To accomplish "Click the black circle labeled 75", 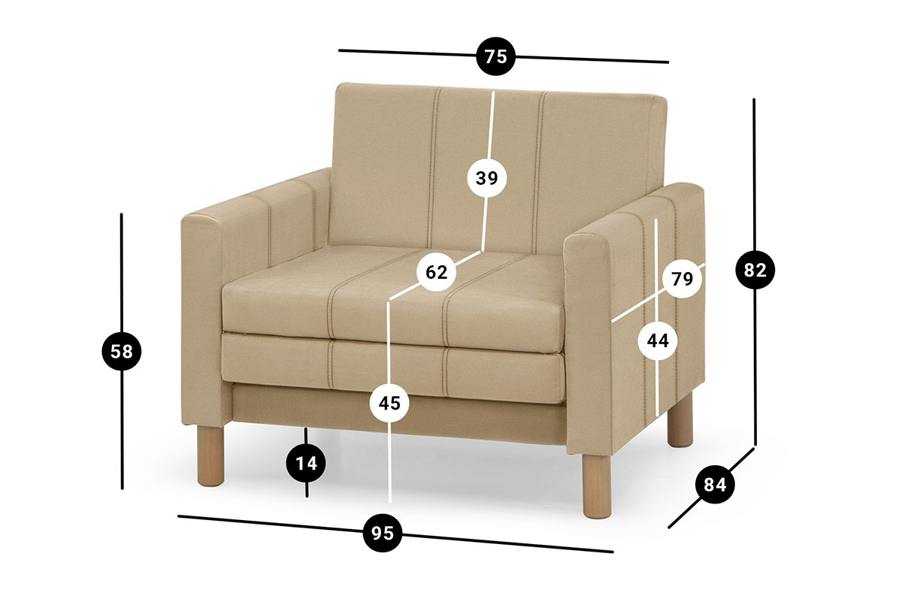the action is [495, 56].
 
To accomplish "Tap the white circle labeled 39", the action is [487, 177].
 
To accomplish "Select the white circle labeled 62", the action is [437, 272].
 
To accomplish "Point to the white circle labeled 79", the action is [683, 278].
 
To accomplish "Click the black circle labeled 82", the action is [755, 269].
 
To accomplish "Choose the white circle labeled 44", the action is [658, 341].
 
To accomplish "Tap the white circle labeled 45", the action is [390, 403].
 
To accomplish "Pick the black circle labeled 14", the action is [306, 464].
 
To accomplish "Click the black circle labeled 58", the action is [122, 351].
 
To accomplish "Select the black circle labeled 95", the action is [383, 533].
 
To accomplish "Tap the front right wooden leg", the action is [597, 485].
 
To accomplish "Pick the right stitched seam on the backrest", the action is [539, 172].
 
